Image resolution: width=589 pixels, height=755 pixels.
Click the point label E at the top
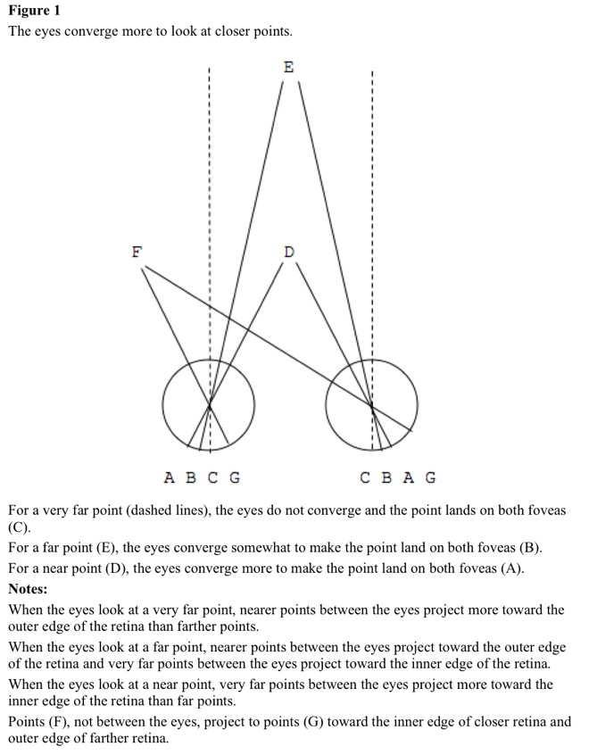pos(288,67)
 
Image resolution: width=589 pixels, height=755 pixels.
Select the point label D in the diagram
pos(289,253)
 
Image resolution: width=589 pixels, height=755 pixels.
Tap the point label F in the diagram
pos(137,252)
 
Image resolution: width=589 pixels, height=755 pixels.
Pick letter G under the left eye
pos(235,477)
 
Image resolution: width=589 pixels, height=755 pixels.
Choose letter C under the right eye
pos(365,477)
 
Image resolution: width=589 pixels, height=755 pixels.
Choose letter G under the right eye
pos(430,477)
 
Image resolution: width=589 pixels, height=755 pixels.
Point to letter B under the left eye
pos(190,477)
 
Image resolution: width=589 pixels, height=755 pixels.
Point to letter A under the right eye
pos(408,477)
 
